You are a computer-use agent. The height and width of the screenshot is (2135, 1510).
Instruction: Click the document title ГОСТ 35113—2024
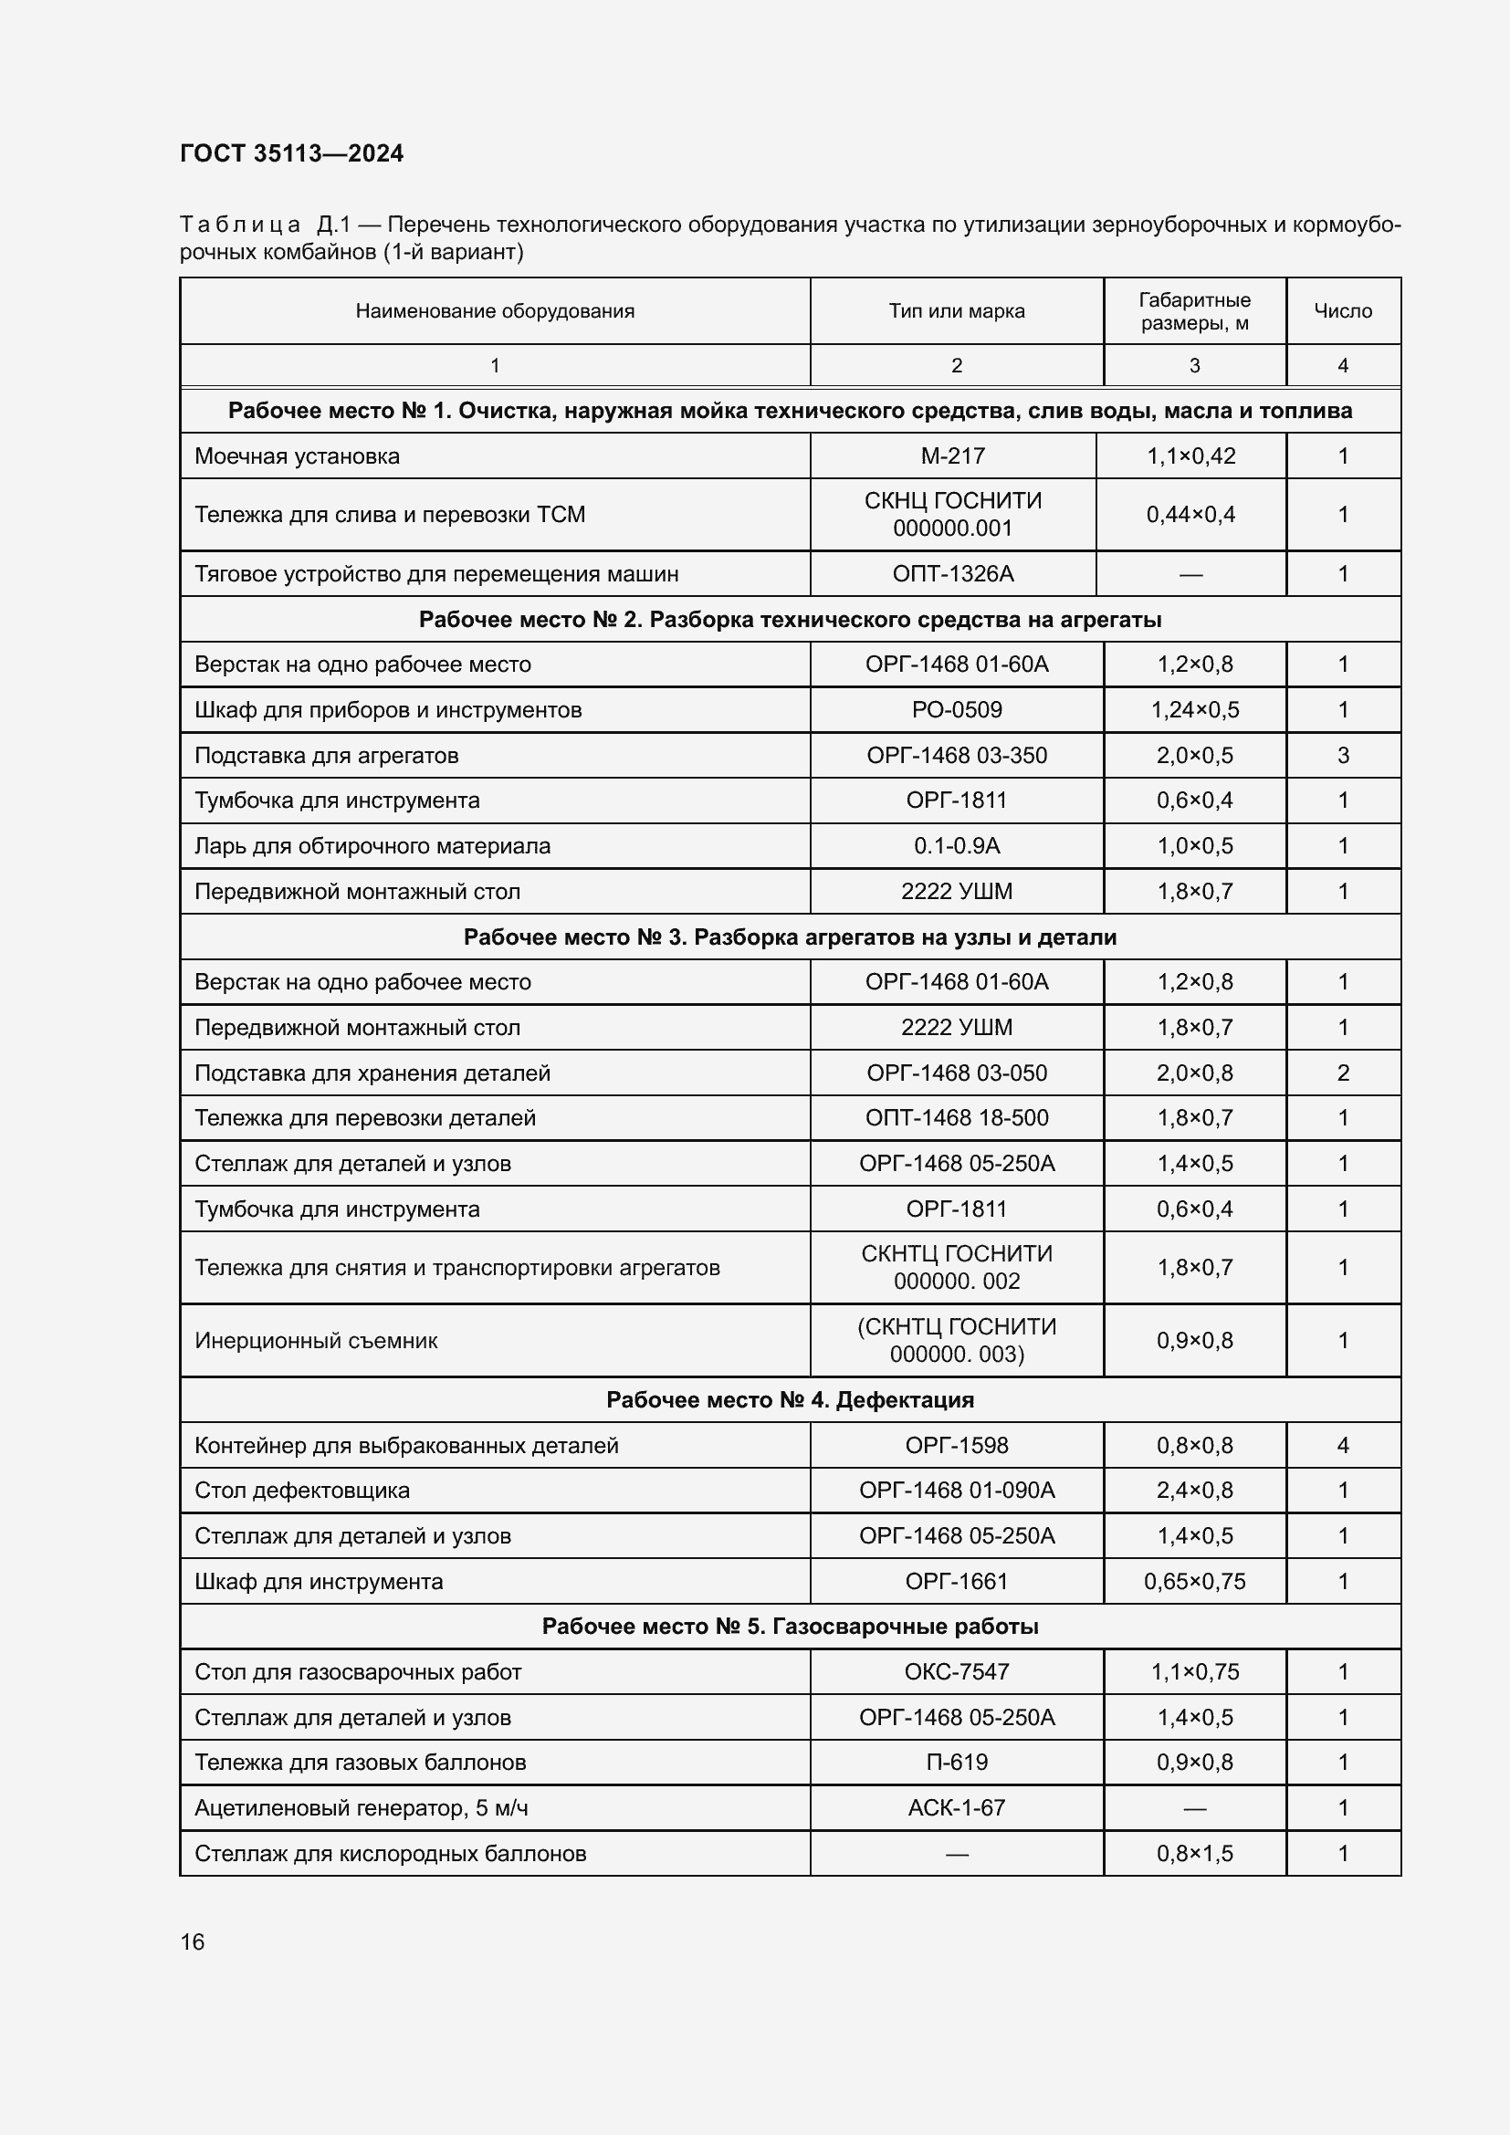pyautogui.click(x=291, y=153)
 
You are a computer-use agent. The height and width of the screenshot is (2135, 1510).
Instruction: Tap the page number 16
pyautogui.click(x=193, y=1941)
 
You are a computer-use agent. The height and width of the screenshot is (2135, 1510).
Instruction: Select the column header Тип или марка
pyautogui.click(x=956, y=311)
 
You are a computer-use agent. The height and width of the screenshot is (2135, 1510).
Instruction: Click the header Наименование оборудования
pyautogui.click(x=495, y=311)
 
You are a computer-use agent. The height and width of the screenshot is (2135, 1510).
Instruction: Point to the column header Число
pyautogui.click(x=1343, y=311)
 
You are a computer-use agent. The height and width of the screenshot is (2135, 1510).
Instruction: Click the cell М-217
pyautogui.click(x=952, y=456)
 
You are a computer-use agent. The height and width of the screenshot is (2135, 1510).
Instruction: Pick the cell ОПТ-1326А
pyautogui.click(x=952, y=574)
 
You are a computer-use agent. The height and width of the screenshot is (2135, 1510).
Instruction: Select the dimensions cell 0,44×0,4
pyautogui.click(x=1190, y=514)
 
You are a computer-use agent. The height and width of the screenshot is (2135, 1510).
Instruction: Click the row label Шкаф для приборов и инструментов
pyautogui.click(x=388, y=710)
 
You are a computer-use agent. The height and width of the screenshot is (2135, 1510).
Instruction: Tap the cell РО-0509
pyautogui.click(x=956, y=710)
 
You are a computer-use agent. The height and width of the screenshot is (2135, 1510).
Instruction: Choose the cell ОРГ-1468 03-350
pyautogui.click(x=956, y=756)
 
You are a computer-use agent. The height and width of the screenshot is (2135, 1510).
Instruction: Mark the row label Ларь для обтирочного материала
pyautogui.click(x=372, y=846)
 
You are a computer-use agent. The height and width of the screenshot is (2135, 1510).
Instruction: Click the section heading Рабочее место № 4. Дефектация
pyautogui.click(x=790, y=1400)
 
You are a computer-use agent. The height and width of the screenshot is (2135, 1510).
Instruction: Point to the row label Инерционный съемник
pyautogui.click(x=316, y=1341)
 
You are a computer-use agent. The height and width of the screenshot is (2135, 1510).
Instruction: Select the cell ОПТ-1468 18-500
pyautogui.click(x=956, y=1118)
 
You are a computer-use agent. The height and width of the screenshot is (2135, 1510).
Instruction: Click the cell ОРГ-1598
pyautogui.click(x=956, y=1446)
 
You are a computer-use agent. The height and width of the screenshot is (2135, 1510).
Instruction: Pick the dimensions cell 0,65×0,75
pyautogui.click(x=1194, y=1582)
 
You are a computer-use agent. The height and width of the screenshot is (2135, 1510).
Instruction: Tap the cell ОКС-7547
pyautogui.click(x=956, y=1672)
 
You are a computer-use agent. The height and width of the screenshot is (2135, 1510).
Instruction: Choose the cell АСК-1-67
pyautogui.click(x=956, y=1807)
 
